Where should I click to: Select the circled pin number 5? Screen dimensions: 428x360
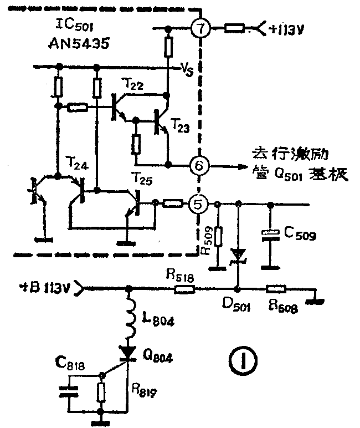coord(198,204)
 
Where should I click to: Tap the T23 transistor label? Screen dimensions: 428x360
coord(181,126)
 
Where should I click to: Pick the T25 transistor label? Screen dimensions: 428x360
coord(142,177)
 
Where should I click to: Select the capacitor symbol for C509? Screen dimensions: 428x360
coord(270,236)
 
